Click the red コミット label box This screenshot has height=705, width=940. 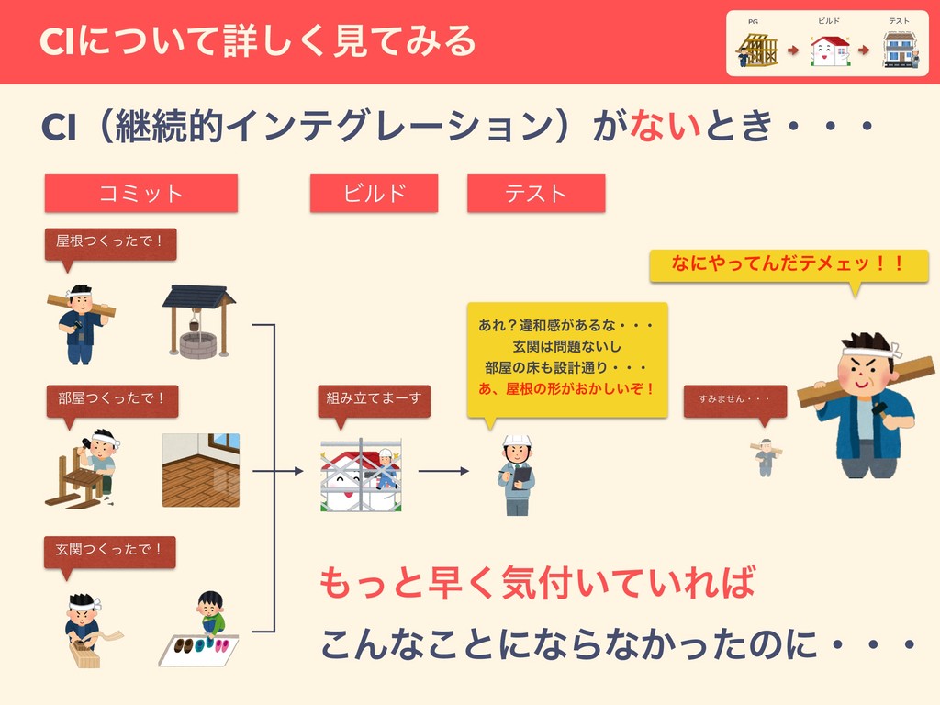(141, 193)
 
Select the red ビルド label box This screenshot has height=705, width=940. (374, 193)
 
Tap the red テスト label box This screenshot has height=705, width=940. (536, 193)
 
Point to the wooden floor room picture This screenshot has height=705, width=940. (201, 470)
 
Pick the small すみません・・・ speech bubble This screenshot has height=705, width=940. (734, 400)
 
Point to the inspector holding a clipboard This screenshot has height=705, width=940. (517, 474)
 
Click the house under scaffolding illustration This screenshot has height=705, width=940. (361, 475)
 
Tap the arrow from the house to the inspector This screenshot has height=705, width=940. (443, 472)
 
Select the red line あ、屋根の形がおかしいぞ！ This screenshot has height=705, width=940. (566, 388)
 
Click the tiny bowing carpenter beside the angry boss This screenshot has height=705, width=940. (765, 456)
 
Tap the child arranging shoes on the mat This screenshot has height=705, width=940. (210, 615)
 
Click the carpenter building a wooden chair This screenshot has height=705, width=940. (84, 468)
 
